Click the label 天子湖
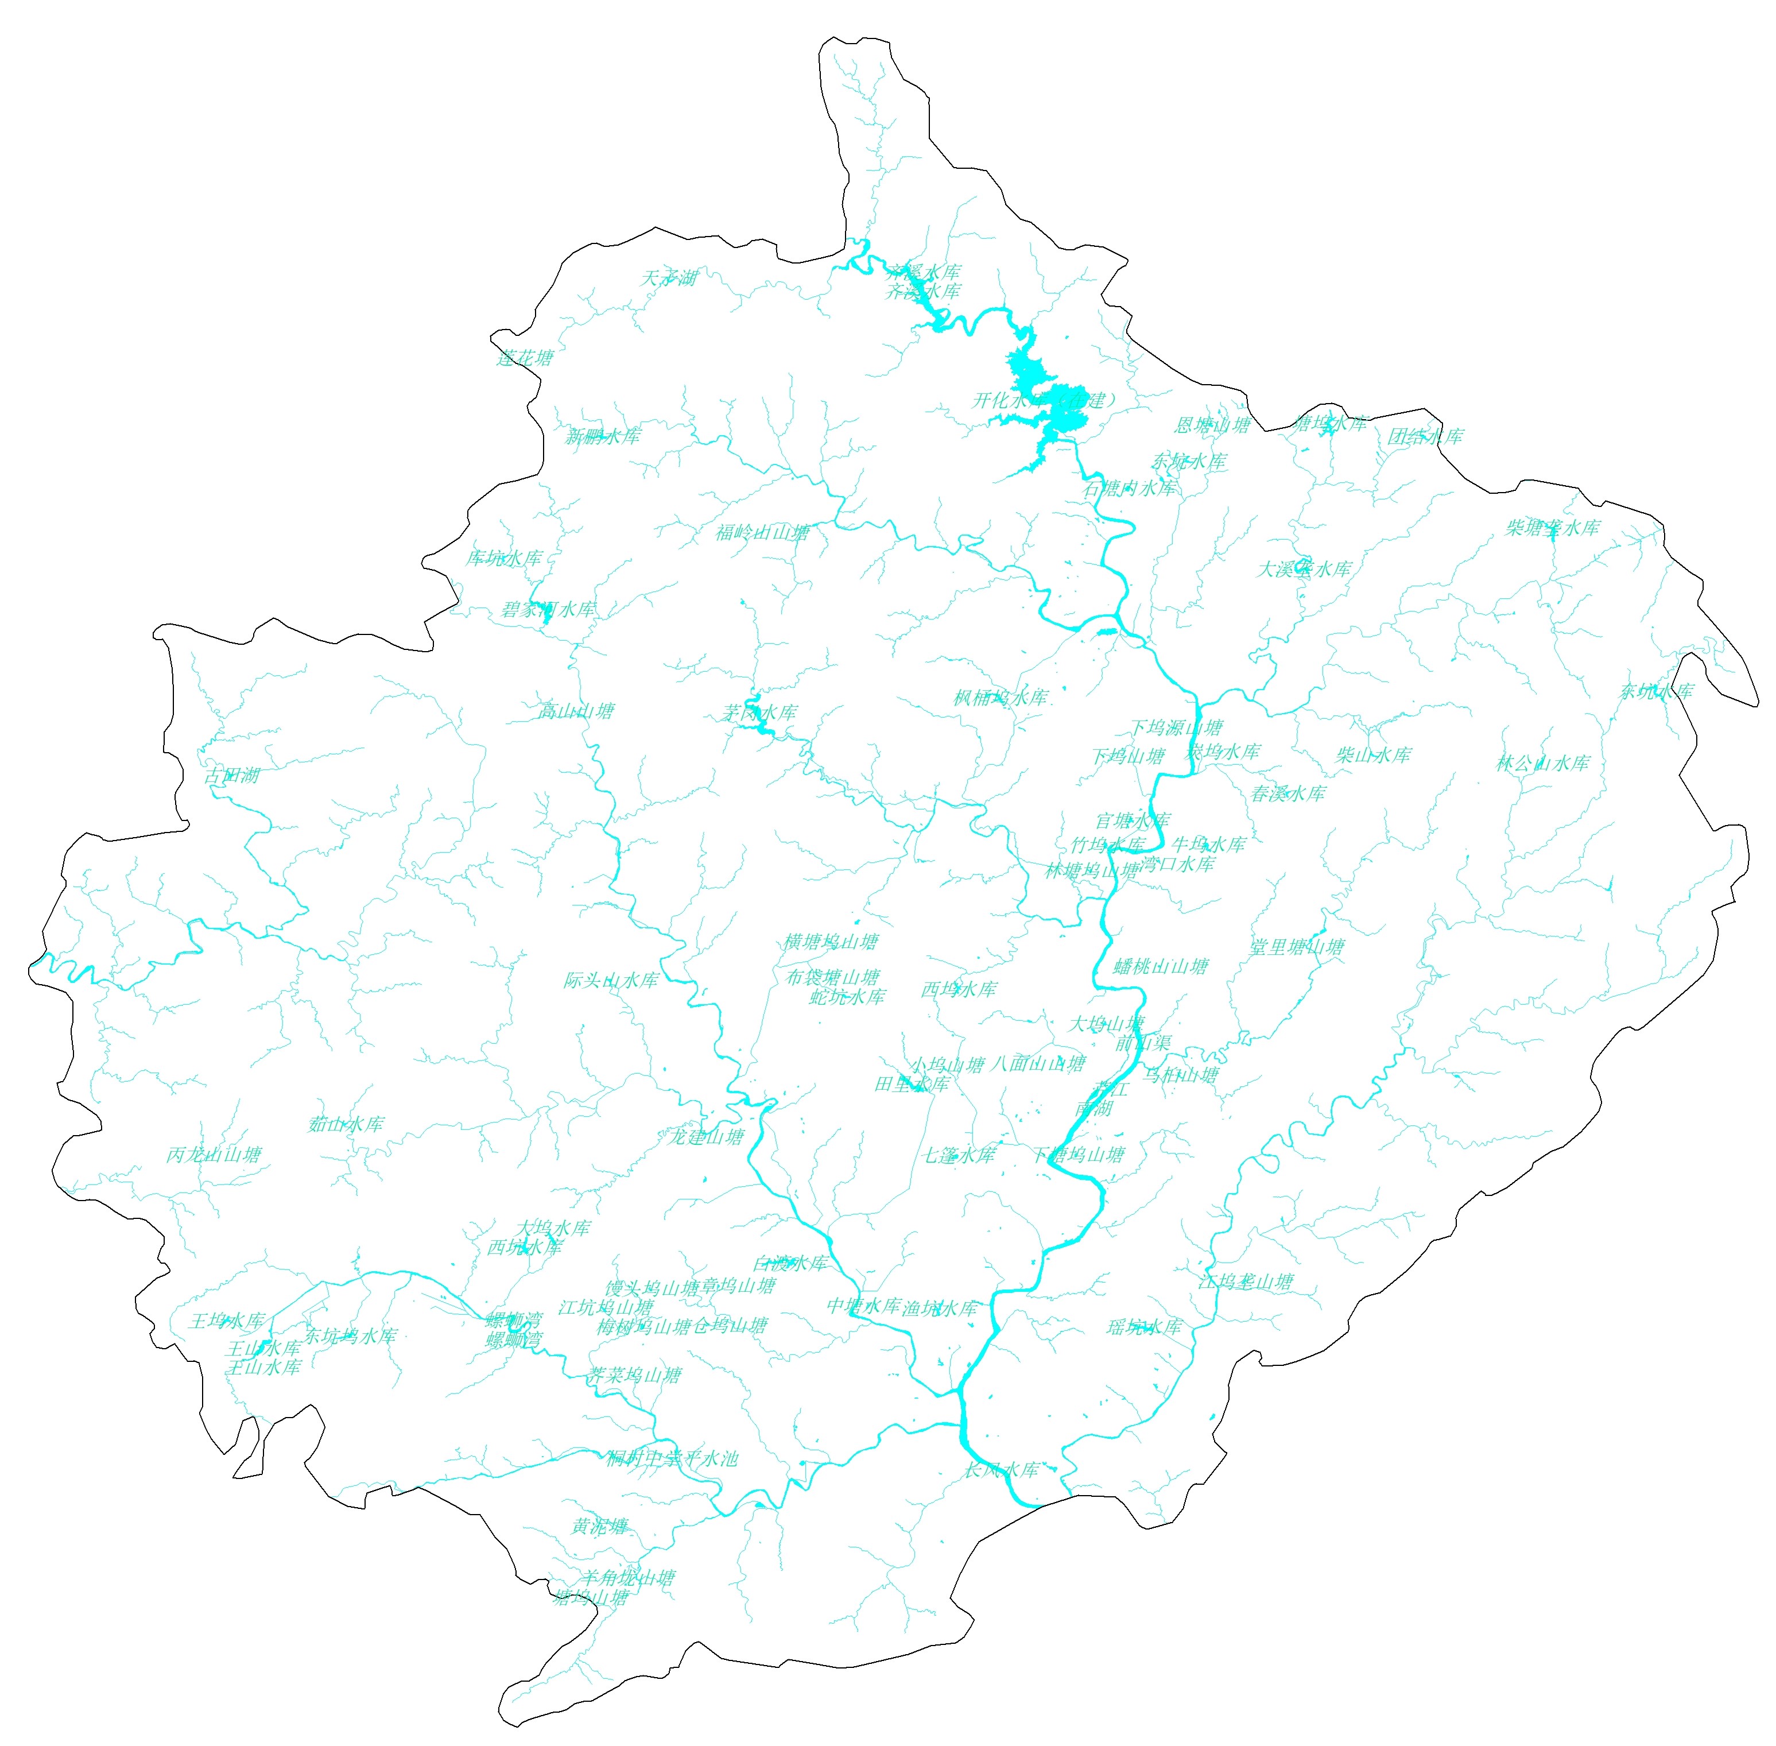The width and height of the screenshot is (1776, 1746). pyautogui.click(x=668, y=278)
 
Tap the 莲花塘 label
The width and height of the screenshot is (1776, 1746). pyautogui.click(x=525, y=358)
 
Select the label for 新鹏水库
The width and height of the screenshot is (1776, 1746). pyautogui.click(x=602, y=436)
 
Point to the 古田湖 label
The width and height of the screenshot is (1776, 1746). pyautogui.click(x=231, y=776)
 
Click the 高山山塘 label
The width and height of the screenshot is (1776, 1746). pyautogui.click(x=576, y=711)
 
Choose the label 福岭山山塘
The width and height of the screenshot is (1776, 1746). pyautogui.click(x=762, y=533)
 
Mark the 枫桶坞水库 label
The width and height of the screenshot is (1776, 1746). pyautogui.click(x=1001, y=698)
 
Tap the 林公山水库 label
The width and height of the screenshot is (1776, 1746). pyautogui.click(x=1542, y=763)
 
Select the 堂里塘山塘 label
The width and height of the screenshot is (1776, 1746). pyautogui.click(x=1297, y=947)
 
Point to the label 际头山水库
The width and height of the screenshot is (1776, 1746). pyautogui.click(x=611, y=980)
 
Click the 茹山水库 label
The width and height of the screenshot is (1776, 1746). pyautogui.click(x=346, y=1124)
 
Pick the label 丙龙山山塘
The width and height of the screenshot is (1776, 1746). pyautogui.click(x=214, y=1155)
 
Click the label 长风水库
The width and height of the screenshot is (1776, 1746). pyautogui.click(x=1001, y=1469)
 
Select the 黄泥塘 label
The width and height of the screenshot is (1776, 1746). pyautogui.click(x=600, y=1526)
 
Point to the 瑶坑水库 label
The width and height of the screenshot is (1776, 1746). pyautogui.click(x=1143, y=1327)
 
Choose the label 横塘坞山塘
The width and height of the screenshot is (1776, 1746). pyautogui.click(x=831, y=942)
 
